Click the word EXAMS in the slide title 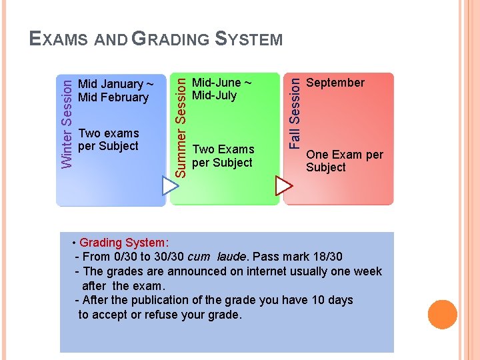59,39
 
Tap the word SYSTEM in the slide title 249,39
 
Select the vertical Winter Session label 67,121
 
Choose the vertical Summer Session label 180,126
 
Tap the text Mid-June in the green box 216,83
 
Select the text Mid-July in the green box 214,95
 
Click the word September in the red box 335,83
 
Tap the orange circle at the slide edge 442,315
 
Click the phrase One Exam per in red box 345,155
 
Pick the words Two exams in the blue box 109,133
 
